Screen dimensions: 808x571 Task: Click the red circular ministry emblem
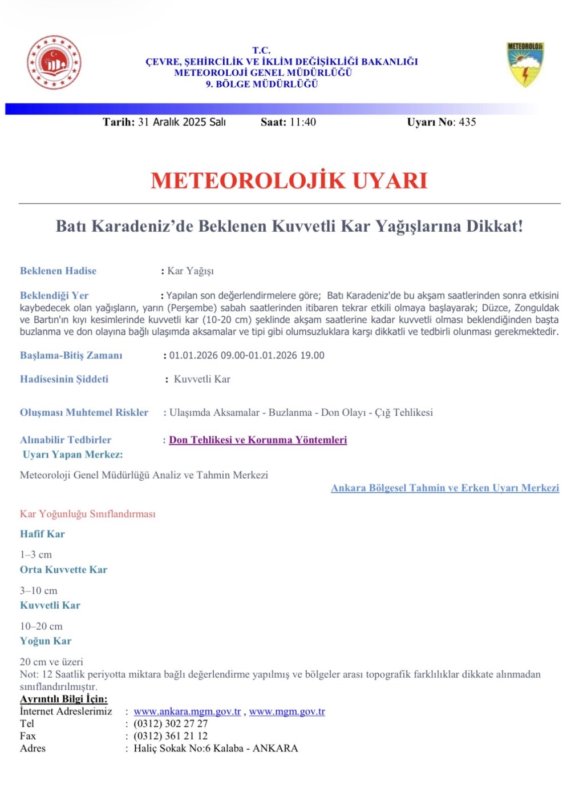pos(54,62)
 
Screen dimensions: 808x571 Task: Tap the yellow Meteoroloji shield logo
pos(525,63)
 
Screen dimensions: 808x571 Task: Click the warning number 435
pos(467,122)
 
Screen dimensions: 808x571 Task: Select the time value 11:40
pos(302,122)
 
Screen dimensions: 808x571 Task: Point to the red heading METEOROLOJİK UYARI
pos(289,180)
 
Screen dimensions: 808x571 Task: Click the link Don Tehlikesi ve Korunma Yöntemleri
pos(258,440)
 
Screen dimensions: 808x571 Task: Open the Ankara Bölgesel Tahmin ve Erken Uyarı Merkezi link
pos(445,488)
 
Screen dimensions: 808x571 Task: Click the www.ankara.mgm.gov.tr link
pos(187,711)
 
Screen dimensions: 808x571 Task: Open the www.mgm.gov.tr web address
pos(287,711)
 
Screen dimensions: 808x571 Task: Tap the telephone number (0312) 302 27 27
pos(171,723)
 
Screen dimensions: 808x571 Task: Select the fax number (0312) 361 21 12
pos(171,736)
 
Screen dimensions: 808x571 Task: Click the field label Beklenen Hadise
pos(58,271)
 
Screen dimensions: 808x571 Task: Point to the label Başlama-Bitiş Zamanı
pos(71,355)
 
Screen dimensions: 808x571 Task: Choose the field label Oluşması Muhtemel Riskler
pos(84,412)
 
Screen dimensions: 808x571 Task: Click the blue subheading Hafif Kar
pos(42,534)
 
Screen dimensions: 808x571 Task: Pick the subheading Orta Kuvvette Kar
pos(63,569)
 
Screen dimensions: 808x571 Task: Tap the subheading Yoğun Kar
pos(46,641)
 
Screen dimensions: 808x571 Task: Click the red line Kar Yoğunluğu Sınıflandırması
pos(87,514)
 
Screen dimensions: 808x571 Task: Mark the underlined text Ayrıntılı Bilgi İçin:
pos(63,699)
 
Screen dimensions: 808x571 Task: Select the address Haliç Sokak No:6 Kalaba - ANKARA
pos(216,748)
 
